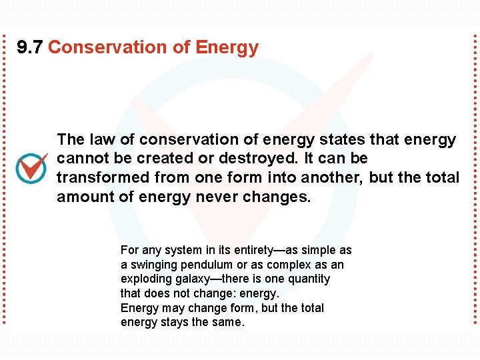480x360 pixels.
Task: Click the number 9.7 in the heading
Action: [x=30, y=48]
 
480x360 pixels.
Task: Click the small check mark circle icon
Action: [x=31, y=168]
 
